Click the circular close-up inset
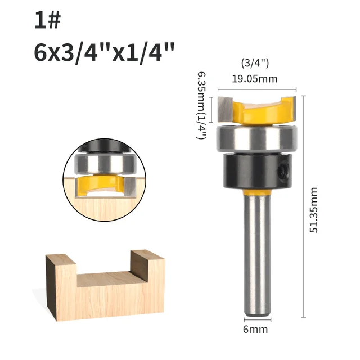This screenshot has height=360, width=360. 104,172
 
